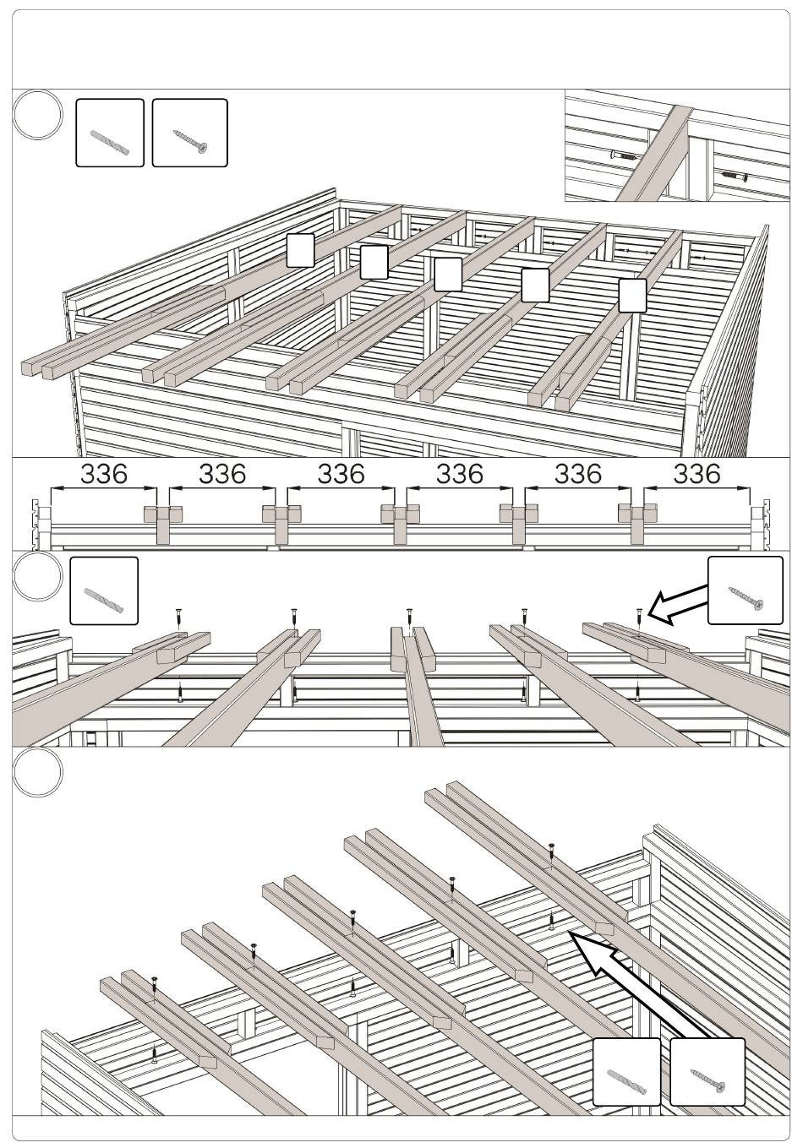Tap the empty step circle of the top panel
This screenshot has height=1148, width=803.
coord(38,116)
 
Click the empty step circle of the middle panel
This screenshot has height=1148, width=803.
coord(38,576)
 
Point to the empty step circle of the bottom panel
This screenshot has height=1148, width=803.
coord(38,772)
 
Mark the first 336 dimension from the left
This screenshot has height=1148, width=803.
coord(104,474)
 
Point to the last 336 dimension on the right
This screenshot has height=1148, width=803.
coord(696,474)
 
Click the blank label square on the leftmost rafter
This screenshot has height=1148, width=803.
coord(300,250)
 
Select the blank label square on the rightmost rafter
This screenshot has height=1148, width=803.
coord(631,295)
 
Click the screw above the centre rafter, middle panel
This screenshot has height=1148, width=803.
coord(409,616)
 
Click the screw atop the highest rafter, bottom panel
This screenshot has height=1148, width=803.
coord(551,851)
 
